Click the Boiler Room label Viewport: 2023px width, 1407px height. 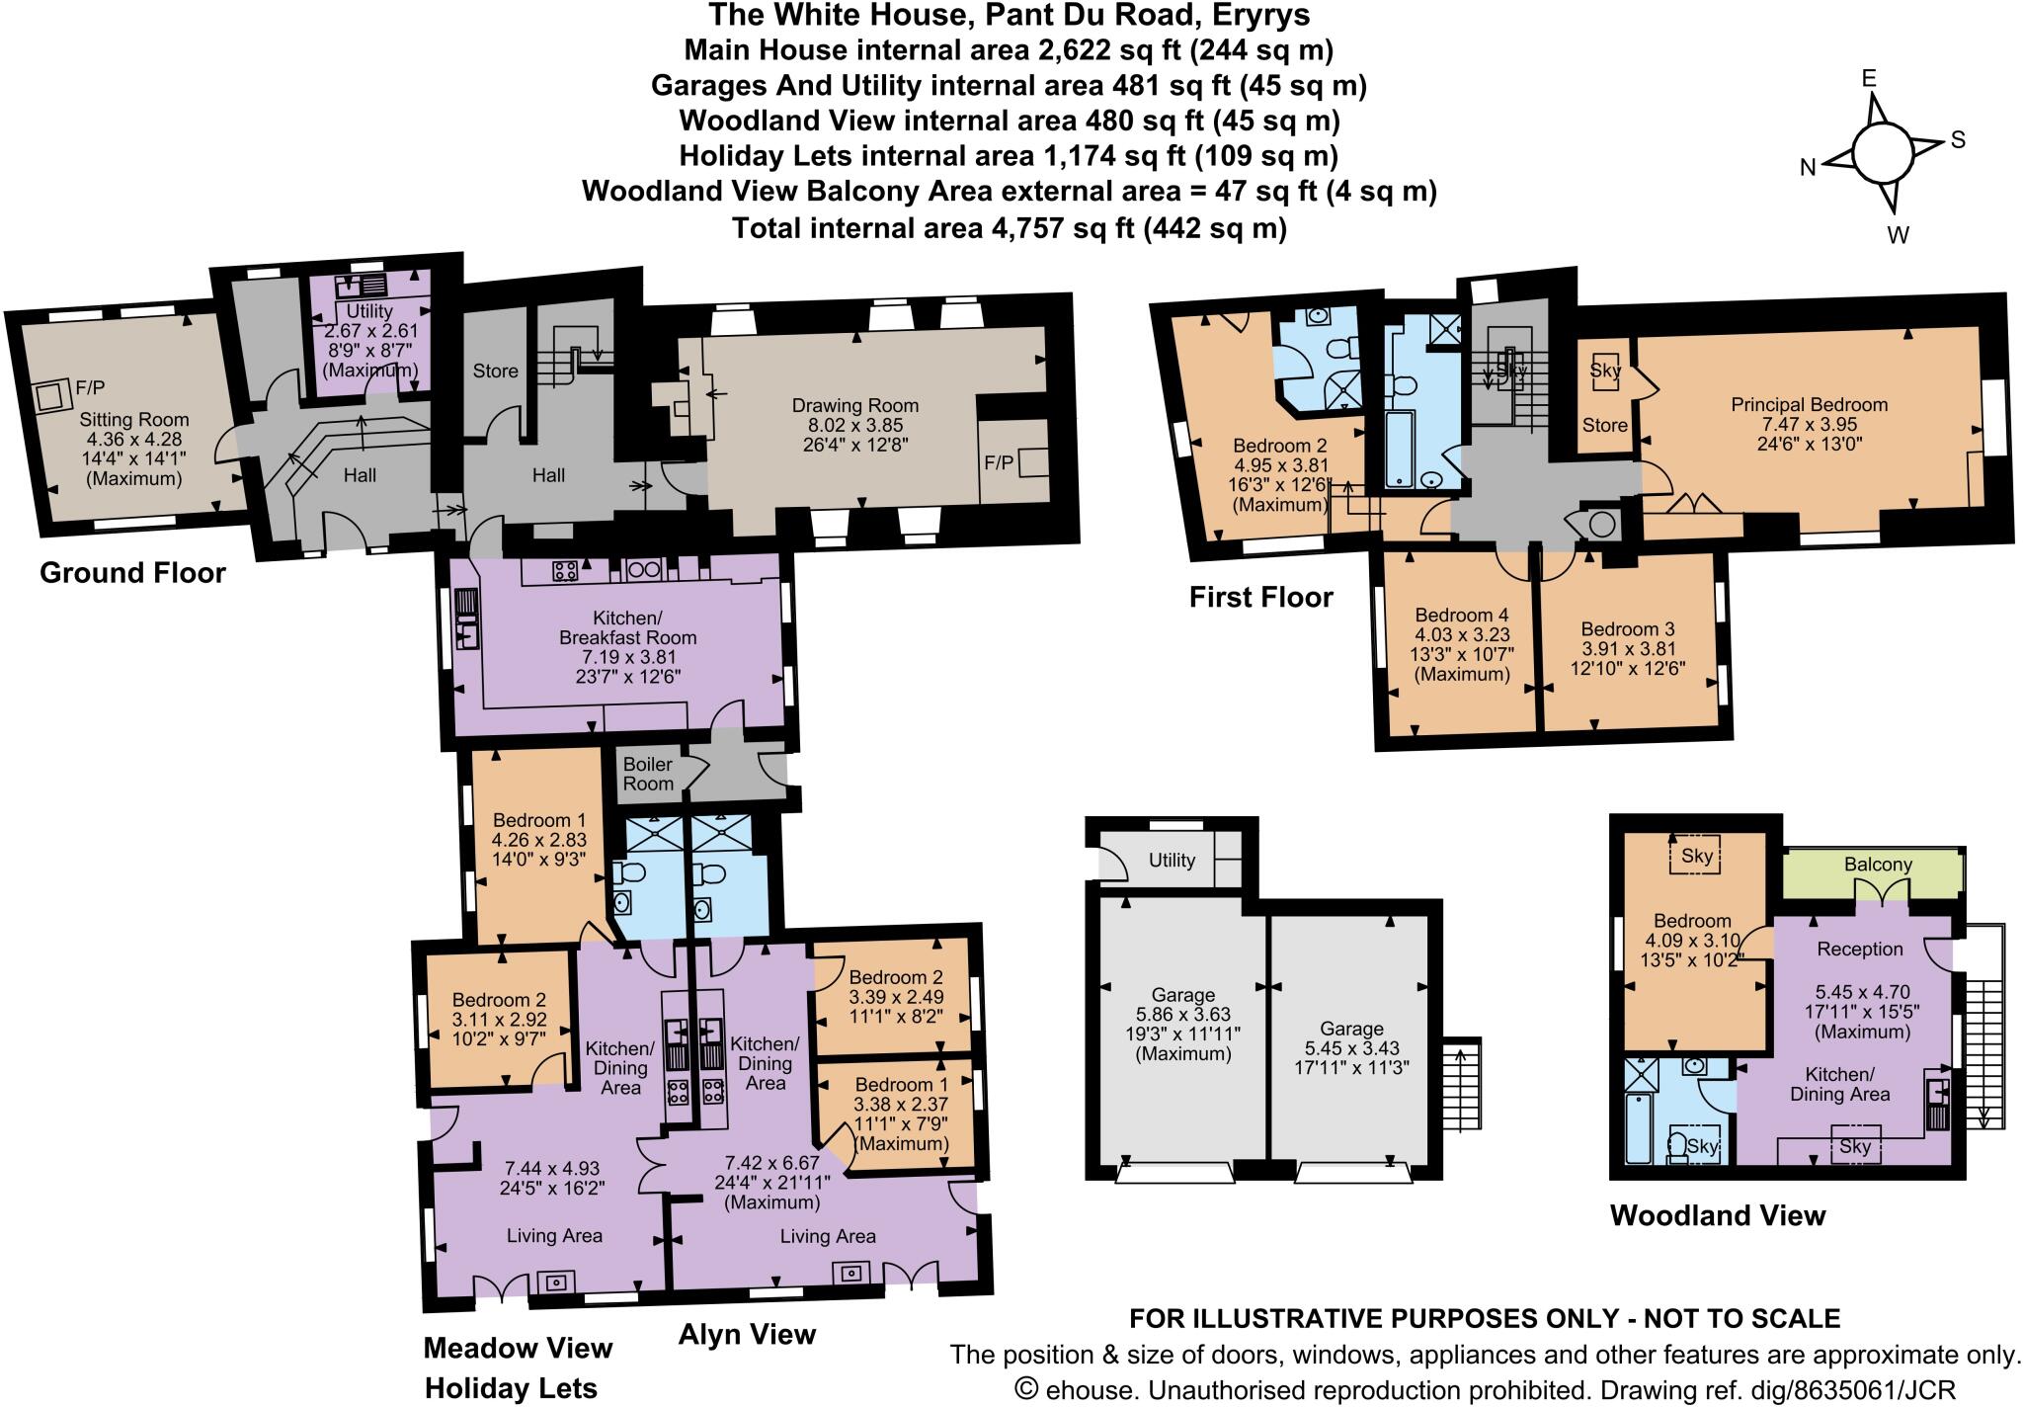coord(648,774)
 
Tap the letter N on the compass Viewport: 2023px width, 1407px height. coord(1808,168)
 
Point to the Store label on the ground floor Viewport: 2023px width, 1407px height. coord(495,371)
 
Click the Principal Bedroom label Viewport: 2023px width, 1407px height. coord(1809,404)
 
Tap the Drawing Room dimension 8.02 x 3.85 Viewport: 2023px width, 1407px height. coord(855,425)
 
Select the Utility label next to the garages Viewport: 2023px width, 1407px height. coord(1172,860)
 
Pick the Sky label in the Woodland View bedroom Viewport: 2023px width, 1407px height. coord(1696,856)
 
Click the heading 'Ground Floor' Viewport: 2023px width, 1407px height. coord(132,573)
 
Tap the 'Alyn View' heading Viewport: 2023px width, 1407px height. coord(747,1335)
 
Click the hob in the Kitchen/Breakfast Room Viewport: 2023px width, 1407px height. coord(565,569)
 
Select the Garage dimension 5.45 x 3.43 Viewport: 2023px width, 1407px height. coord(1351,1048)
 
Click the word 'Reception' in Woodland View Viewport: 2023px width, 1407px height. coord(1859,949)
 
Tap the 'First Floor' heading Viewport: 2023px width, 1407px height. coord(1260,597)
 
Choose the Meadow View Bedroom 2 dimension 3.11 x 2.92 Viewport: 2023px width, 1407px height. coord(499,1020)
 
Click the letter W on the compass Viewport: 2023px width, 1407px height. coord(1898,235)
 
